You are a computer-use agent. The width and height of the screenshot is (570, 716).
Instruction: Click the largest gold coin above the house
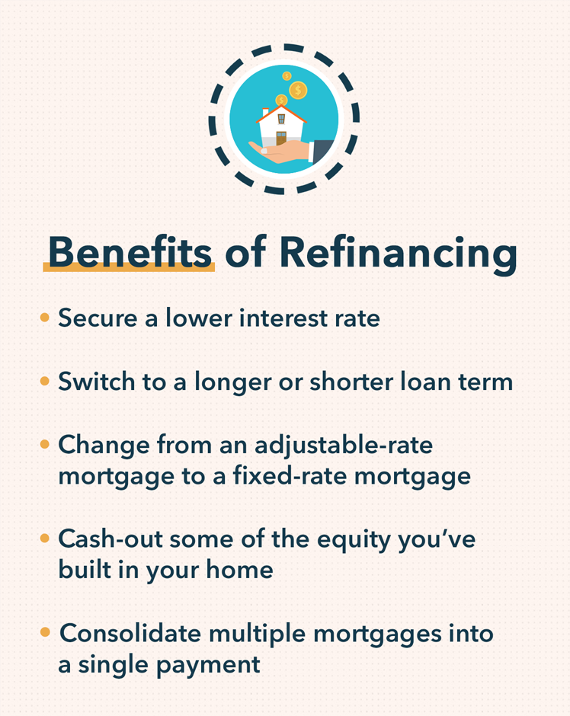298,90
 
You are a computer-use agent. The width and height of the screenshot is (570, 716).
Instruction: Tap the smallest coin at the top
287,76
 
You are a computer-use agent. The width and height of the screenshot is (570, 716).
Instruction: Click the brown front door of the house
281,138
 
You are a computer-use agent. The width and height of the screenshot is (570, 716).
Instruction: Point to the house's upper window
281,118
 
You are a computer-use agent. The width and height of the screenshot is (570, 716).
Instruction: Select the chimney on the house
266,111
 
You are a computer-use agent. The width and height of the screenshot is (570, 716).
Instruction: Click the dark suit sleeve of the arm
322,149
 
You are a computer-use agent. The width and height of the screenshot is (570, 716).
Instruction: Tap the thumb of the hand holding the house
263,150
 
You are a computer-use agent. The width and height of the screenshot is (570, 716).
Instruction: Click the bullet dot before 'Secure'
44,317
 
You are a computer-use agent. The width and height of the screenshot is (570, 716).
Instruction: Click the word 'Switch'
96,381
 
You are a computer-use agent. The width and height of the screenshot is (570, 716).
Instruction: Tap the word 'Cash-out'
111,539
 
